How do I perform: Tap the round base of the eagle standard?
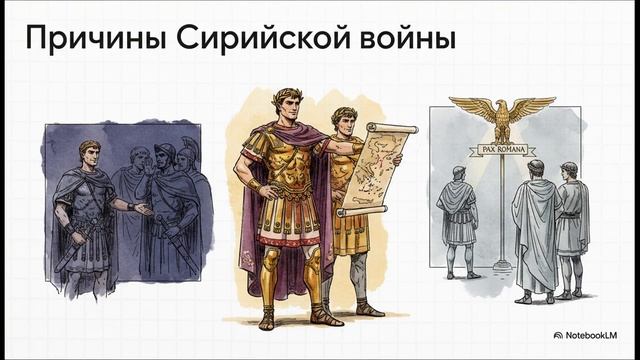pos(501,267)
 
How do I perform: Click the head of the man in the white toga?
pos(535,169)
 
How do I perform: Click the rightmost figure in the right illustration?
pos(572,225)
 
